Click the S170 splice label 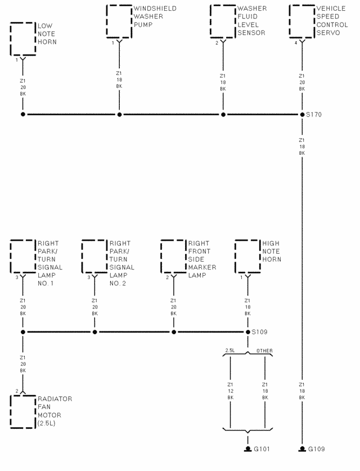tap(314, 114)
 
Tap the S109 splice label tap(259, 332)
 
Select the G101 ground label tap(262, 449)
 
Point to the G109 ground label tap(317, 449)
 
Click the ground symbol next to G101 tap(247, 449)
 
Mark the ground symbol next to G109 tap(302, 449)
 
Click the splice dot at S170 tap(302, 114)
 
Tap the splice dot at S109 tap(247, 332)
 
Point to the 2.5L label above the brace tap(230, 351)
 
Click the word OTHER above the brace tap(264, 351)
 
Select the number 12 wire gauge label tap(230, 391)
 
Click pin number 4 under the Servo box tap(296, 43)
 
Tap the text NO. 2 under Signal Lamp tap(118, 283)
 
